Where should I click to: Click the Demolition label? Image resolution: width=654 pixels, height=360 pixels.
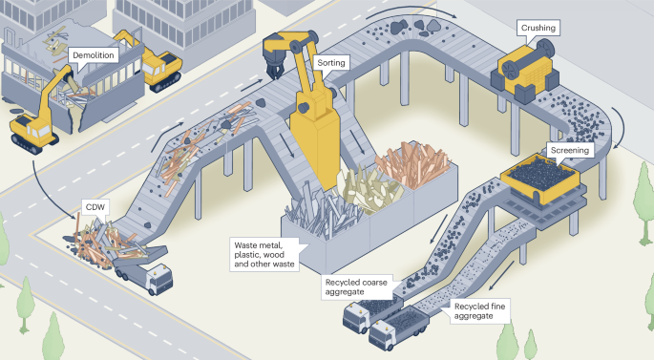94,55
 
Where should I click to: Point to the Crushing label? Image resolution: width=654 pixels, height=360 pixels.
538,29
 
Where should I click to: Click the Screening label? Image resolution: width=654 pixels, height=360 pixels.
570,150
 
